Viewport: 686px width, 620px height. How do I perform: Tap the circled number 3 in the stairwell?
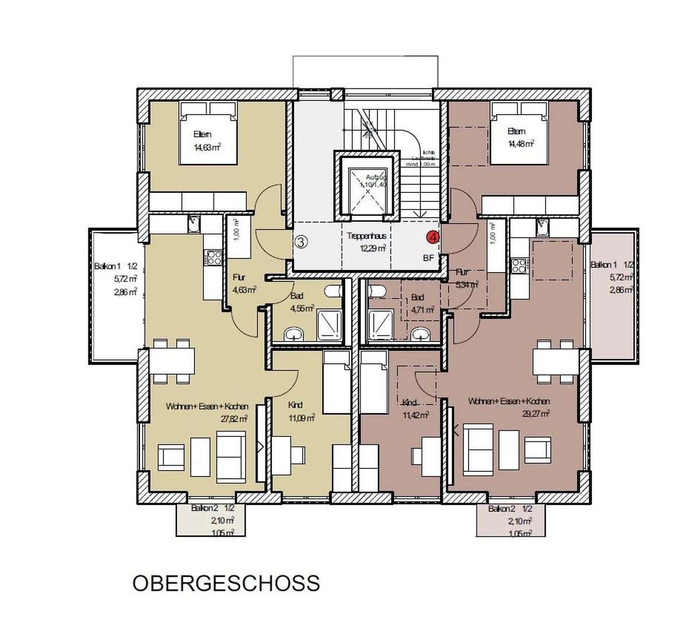coord(302,242)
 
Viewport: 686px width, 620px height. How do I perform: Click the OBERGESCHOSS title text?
coord(226,583)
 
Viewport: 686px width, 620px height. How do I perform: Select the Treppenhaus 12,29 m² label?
coord(365,242)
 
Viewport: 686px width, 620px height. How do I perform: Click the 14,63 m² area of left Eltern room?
coord(207,147)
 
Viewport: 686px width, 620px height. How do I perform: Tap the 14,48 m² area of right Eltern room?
coord(521,144)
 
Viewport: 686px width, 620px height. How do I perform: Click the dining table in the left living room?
coord(172,361)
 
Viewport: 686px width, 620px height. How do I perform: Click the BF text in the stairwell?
coord(428,258)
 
